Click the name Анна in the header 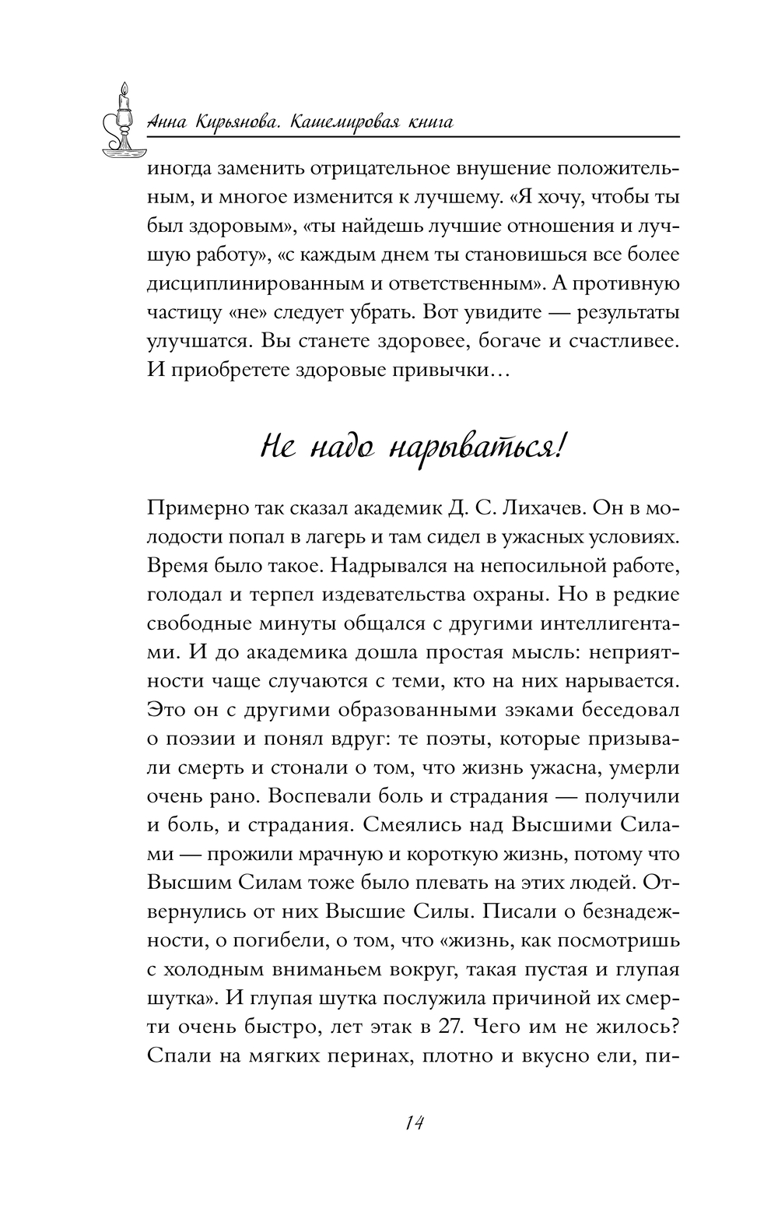tap(166, 124)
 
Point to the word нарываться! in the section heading tap(475, 449)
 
